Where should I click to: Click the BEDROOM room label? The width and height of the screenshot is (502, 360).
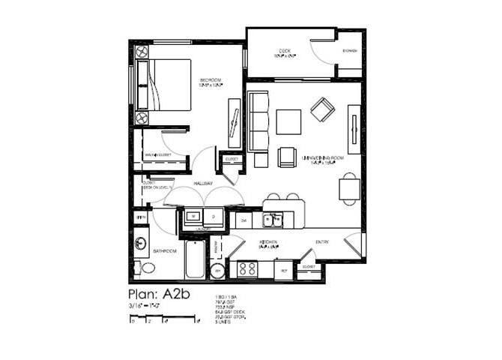click(x=211, y=80)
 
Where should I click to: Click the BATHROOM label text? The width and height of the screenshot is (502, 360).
click(x=164, y=251)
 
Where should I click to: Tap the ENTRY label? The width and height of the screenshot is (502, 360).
click(x=322, y=241)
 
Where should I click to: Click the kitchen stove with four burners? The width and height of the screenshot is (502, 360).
click(x=247, y=268)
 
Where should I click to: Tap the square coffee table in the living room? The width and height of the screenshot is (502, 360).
click(x=288, y=121)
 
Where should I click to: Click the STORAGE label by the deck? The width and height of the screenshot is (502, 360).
click(x=350, y=51)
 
